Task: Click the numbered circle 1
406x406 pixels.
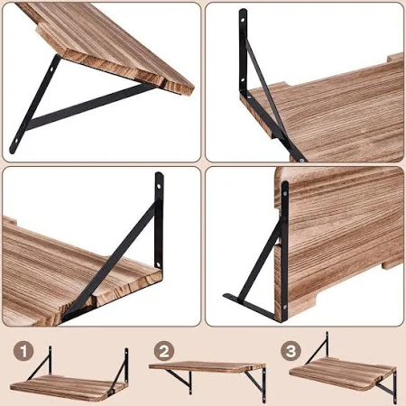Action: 23,351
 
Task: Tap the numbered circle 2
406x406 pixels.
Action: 164,351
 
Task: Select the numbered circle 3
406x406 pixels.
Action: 291,351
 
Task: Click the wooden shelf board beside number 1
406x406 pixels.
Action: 68,388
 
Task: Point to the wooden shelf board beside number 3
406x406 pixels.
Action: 343,373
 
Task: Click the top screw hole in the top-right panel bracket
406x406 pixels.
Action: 243,21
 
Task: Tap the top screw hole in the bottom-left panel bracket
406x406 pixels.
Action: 159,187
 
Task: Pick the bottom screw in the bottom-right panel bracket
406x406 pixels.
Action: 284,307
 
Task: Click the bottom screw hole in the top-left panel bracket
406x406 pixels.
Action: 15,140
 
